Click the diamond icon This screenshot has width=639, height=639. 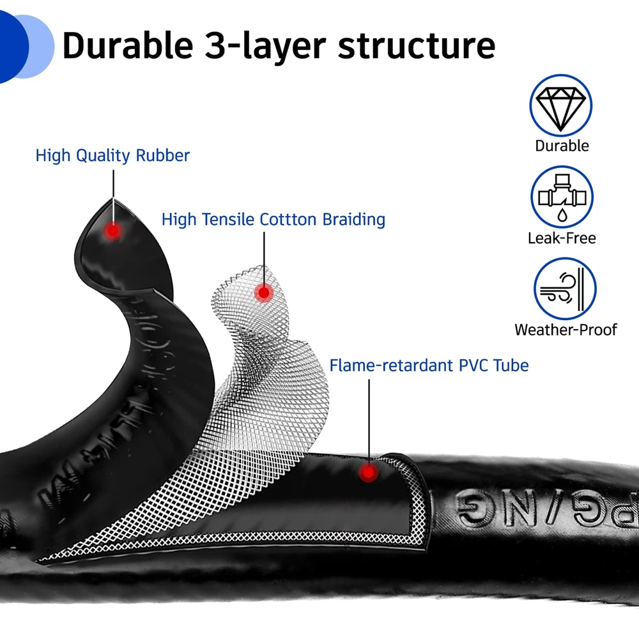point(561,105)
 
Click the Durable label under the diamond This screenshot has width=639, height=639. point(562,146)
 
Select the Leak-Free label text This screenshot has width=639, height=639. point(562,238)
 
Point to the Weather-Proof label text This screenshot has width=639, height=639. point(566,330)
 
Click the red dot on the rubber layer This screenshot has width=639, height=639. point(113,231)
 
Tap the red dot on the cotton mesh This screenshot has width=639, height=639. point(263,293)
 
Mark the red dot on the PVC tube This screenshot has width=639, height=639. point(367,473)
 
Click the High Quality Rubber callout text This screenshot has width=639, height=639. point(112,155)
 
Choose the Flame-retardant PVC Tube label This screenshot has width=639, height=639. point(429,366)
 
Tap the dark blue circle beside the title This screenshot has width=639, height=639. point(9,48)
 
